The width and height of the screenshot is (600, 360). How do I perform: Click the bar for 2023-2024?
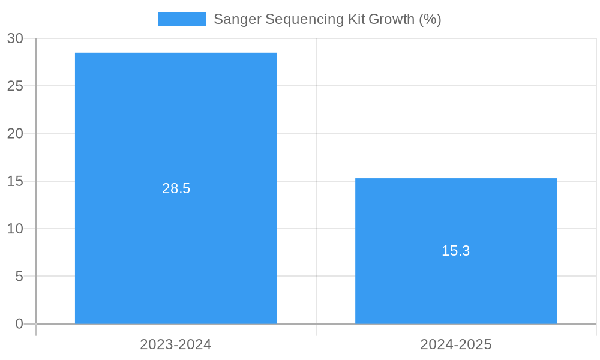(176, 120)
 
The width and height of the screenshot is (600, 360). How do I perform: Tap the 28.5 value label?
(176, 188)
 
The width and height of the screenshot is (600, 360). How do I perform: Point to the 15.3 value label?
(456, 251)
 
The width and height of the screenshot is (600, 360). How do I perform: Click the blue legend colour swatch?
(182, 19)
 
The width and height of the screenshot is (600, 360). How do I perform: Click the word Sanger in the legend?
(237, 19)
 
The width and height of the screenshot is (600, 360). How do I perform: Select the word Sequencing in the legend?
(305, 19)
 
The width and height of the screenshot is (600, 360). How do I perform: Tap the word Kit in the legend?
(356, 19)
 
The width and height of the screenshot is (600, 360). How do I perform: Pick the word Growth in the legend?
(391, 19)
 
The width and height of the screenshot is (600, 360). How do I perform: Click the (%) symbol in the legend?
(430, 19)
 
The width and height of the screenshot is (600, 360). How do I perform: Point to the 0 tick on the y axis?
(19, 324)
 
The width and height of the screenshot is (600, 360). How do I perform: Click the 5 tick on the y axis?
(19, 277)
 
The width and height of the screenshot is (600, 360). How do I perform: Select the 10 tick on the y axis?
(16, 229)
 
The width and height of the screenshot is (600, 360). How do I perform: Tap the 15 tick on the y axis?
(16, 181)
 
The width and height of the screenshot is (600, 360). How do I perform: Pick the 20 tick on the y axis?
(16, 134)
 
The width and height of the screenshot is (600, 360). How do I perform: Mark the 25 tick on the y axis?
(16, 86)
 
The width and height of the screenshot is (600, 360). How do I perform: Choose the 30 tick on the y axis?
(16, 38)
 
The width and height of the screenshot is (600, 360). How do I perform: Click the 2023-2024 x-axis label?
(176, 344)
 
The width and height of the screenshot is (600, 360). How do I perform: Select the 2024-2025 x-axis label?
(456, 344)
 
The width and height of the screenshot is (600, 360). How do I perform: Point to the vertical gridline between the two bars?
(316, 120)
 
